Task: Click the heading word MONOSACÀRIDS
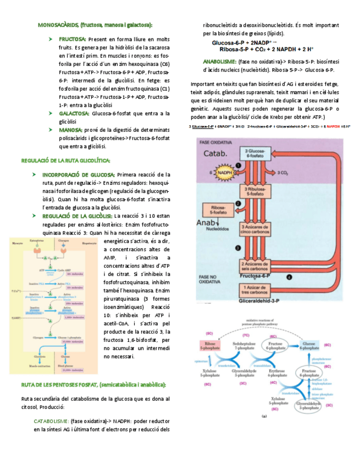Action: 58,25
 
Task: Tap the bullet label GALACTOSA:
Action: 74,113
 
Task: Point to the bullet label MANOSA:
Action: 71,130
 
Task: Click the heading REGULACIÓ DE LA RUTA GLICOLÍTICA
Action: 66,160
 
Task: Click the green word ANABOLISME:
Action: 219,62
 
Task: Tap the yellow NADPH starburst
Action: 222,173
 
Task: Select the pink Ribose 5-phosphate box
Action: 209,345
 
